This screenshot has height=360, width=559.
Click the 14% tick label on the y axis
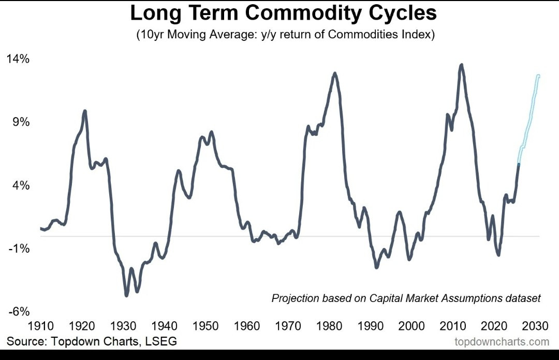tap(18, 59)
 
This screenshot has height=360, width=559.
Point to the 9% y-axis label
tap(21, 122)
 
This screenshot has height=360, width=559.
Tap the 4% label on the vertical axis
tap(21, 185)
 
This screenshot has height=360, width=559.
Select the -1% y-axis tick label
tap(19, 249)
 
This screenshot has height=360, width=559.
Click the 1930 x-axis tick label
tap(123, 326)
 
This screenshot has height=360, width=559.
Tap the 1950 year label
tap(205, 326)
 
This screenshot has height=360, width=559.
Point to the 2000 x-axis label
tap(411, 326)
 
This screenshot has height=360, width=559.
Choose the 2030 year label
tap(535, 326)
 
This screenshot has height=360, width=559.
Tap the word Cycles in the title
tap(404, 13)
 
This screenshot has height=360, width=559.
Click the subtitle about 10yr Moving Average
tap(285, 36)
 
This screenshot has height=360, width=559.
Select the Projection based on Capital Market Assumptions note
tap(406, 298)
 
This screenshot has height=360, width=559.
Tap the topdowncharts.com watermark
tap(502, 342)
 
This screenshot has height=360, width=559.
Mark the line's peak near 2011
tap(461, 65)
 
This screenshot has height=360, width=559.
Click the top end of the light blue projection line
tap(538, 76)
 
